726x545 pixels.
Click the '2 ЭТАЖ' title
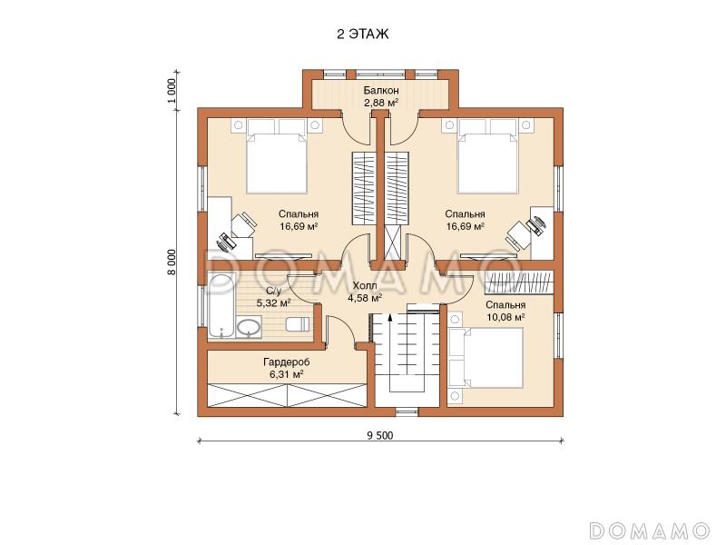coord(362,35)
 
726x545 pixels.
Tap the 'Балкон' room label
coord(381,90)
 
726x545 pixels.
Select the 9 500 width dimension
coord(380,435)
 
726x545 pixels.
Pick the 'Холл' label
coord(365,285)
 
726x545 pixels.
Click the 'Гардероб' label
coord(287,362)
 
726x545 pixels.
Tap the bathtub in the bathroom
coord(221,306)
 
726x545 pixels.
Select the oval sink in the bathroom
coord(249,328)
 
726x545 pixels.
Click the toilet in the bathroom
coord(298,324)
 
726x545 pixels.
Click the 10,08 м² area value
coord(505,317)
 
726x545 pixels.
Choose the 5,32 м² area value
coord(274,303)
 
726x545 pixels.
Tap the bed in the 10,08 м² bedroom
coord(486,358)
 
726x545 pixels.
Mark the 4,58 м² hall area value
coord(365,298)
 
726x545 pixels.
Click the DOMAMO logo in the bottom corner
coord(650,530)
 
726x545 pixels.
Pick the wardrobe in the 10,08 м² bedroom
coord(519,282)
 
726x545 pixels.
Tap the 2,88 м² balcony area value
coord(381,103)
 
